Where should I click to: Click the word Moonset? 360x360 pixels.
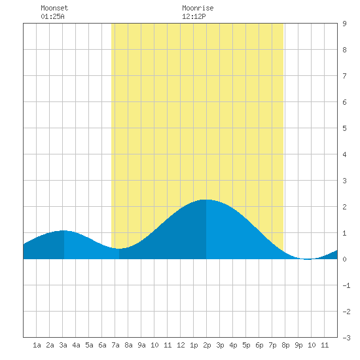tap(54, 8)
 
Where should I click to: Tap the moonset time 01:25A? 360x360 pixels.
tap(52, 16)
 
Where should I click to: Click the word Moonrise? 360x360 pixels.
tap(198, 8)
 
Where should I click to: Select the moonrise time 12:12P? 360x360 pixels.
tap(194, 16)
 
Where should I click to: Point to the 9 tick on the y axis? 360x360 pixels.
tap(344, 24)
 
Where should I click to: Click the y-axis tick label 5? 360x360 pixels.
tap(344, 128)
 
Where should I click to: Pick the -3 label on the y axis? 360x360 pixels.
tap(346, 338)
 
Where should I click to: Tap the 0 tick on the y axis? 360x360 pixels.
tap(344, 259)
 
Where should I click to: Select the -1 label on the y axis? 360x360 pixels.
tap(346, 285)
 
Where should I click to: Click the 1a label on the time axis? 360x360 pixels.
tap(37, 345)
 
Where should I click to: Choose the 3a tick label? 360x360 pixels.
tap(63, 345)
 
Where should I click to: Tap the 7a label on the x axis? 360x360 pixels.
tap(115, 345)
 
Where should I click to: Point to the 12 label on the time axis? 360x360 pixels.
tap(181, 345)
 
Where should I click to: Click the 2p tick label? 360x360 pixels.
tap(207, 345)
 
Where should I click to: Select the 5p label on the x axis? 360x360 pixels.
tap(246, 345)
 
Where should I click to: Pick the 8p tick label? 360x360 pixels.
tap(285, 345)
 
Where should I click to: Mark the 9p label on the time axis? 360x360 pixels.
tap(298, 345)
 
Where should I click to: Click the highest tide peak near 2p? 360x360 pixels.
tap(206, 200)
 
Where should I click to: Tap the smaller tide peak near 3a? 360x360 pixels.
tap(64, 231)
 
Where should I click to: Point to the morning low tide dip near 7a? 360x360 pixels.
tap(119, 249)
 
